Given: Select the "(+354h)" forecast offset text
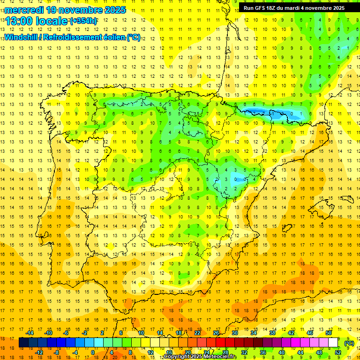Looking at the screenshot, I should (84, 21).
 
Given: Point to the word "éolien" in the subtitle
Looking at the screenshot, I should (112, 37).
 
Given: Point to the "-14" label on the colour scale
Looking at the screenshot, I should (30, 333).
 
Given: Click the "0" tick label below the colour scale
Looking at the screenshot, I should (93, 352).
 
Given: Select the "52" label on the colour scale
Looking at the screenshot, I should (338, 352).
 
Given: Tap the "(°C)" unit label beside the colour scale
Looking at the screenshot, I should (349, 343).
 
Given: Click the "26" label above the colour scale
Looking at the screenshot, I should (216, 333).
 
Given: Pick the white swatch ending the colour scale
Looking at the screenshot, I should (333, 343).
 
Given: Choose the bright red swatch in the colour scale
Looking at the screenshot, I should (221, 343).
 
